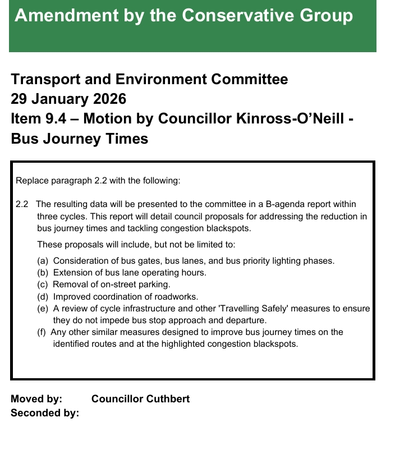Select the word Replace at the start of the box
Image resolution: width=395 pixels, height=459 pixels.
pyautogui.click(x=32, y=181)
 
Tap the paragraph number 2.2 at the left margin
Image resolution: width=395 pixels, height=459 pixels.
pyautogui.click(x=22, y=204)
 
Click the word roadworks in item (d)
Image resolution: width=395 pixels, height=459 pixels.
pyautogui.click(x=178, y=296)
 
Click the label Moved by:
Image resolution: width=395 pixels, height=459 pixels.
pyautogui.click(x=36, y=399)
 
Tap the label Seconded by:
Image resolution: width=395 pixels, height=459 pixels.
pyautogui.click(x=45, y=413)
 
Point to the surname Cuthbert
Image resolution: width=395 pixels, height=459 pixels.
pyautogui.click(x=168, y=399)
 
